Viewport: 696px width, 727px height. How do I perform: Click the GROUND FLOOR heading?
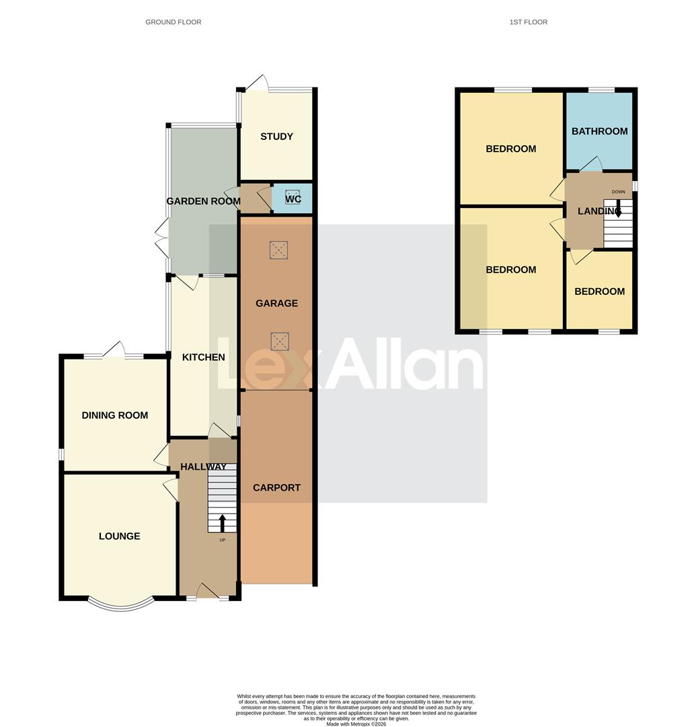click(173, 22)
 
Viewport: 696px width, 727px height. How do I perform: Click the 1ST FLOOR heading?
click(528, 22)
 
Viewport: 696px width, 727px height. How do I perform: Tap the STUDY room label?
click(276, 137)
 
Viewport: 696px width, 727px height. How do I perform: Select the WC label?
click(293, 199)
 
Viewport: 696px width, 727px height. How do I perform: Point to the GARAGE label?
click(276, 304)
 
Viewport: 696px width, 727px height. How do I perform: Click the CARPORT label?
click(276, 488)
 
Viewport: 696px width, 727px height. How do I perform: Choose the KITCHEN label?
click(204, 357)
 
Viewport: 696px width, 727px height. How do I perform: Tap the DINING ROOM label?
click(115, 415)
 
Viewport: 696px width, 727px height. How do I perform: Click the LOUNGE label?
click(120, 536)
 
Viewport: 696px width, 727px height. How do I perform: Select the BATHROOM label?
click(599, 131)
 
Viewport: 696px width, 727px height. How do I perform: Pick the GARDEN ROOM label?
click(204, 201)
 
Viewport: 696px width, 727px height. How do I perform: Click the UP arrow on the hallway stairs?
click(223, 522)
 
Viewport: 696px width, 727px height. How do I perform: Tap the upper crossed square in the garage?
click(278, 250)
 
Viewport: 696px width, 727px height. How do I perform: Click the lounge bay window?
click(120, 604)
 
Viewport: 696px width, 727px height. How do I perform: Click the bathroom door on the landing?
click(591, 165)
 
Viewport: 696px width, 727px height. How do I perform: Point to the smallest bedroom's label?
click(599, 291)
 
